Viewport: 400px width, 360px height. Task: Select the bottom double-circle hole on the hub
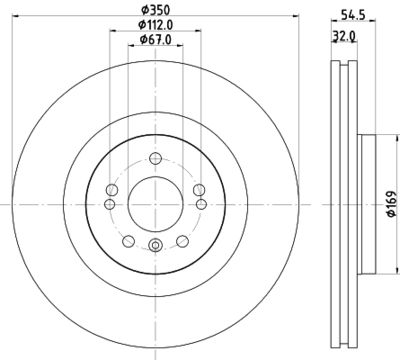click(x=153, y=248)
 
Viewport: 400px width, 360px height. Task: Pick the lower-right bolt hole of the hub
click(x=180, y=239)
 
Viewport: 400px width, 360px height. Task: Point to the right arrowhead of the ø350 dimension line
click(x=297, y=17)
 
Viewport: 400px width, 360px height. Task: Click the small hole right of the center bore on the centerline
click(x=200, y=204)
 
